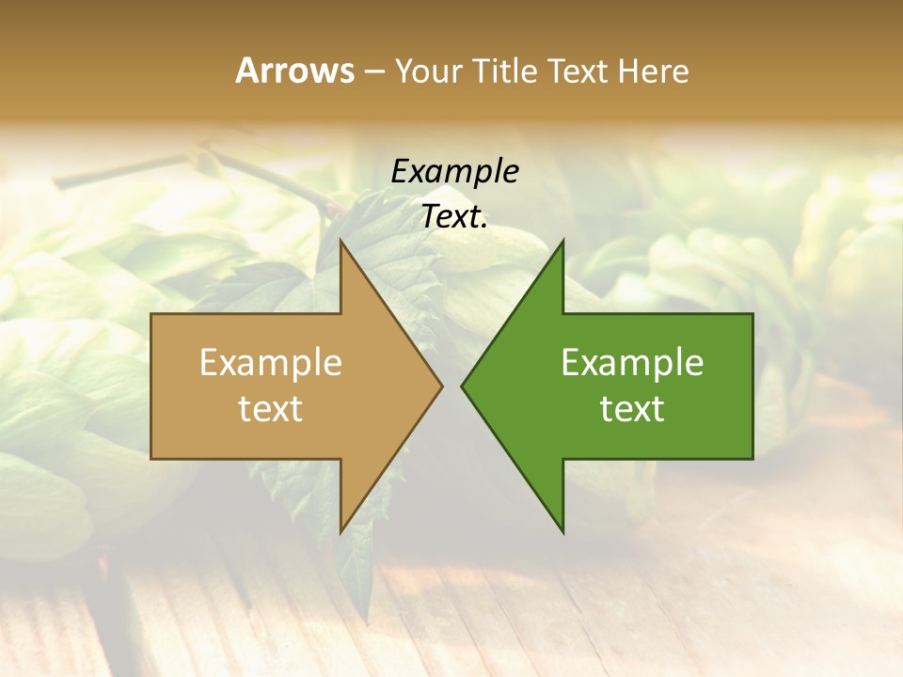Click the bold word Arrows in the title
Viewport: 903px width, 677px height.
(294, 71)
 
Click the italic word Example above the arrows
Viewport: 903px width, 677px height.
(454, 172)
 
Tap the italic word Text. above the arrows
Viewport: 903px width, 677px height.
(454, 217)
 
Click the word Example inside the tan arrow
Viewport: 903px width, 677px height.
(270, 363)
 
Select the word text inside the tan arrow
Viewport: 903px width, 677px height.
(270, 409)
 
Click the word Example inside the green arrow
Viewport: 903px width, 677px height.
(632, 363)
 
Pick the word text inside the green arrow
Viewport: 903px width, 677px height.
(632, 409)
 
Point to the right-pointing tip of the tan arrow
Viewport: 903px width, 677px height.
(442, 386)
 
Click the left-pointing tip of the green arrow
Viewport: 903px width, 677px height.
(462, 386)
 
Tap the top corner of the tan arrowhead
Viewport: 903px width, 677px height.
(341, 240)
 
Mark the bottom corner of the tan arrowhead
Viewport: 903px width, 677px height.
(341, 533)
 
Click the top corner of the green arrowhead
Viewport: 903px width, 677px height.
(562, 240)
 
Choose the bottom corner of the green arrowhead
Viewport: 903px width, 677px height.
(562, 533)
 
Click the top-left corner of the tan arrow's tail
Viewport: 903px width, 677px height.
(151, 314)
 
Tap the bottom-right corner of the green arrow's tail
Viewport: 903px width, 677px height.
(752, 459)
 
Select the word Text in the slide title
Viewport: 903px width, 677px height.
(576, 71)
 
